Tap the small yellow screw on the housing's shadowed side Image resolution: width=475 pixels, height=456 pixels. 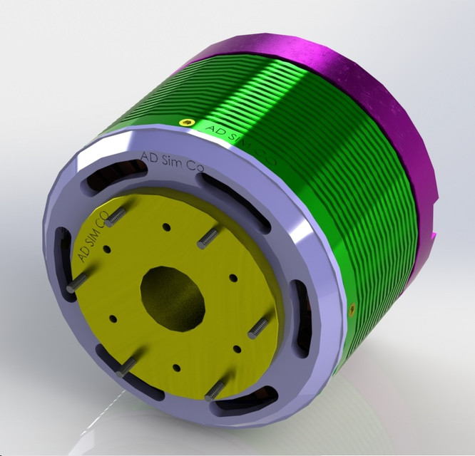click(352, 308)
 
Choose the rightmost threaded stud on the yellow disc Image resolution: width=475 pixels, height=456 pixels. click(258, 328)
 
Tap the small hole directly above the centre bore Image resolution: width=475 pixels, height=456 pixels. click(166, 227)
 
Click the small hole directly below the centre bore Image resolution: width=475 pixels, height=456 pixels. click(176, 368)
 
